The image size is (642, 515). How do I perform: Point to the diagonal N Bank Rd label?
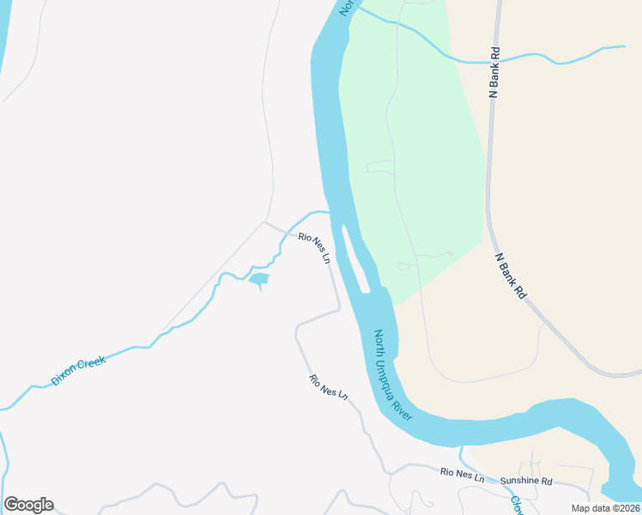click(510, 275)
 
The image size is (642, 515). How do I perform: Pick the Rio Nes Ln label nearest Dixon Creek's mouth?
click(314, 247)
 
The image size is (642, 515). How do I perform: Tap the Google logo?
click(28, 505)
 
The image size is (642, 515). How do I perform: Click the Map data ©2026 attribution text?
click(606, 508)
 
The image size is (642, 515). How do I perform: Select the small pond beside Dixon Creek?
click(257, 279)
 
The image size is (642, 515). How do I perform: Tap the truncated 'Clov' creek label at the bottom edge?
click(517, 506)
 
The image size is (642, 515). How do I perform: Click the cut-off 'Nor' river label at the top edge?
click(347, 7)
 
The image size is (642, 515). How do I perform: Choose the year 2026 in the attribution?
click(627, 508)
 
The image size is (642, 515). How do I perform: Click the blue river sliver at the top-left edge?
click(4, 43)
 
